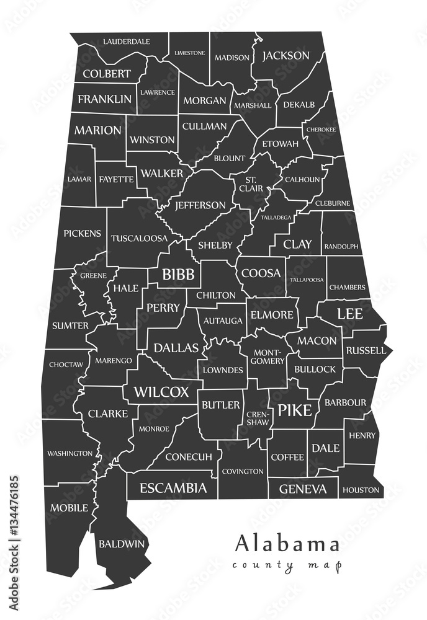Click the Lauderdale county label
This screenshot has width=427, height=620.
coord(127,42)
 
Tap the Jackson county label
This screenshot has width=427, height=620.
coord(285,56)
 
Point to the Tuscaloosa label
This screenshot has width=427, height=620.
coord(139,238)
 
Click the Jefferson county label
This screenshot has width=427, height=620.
coord(200,205)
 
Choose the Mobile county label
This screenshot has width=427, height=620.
coord(70,508)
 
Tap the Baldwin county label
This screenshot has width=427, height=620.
coord(122,544)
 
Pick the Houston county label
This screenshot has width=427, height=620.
coord(361,490)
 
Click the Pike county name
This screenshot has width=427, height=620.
coord(294,410)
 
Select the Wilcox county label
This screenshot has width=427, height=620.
coord(161,392)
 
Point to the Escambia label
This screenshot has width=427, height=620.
coord(173,489)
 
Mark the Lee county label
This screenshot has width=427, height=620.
coord(349,314)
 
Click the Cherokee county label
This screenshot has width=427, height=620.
coord(320,130)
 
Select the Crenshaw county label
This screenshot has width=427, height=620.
coord(258,417)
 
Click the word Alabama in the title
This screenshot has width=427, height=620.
coord(287,544)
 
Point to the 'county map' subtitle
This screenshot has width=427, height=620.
coord(287,565)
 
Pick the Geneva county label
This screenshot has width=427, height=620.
coord(302,489)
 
